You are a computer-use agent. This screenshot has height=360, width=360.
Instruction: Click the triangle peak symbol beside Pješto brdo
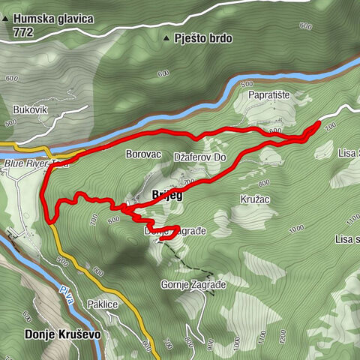(x=166, y=37)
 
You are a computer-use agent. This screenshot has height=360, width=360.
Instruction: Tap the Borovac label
(x=144, y=154)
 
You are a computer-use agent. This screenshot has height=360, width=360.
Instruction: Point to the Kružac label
(x=255, y=200)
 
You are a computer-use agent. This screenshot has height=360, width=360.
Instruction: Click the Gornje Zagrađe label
(x=193, y=285)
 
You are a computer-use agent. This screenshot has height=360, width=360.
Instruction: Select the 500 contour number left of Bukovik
(x=10, y=122)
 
